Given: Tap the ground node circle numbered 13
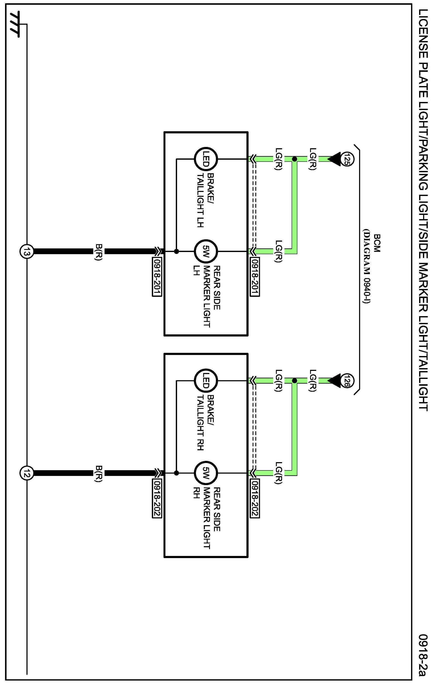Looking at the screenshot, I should (x=27, y=251).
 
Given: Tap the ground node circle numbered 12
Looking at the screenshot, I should (x=27, y=473).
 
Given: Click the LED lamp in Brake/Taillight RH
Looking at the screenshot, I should (x=206, y=381).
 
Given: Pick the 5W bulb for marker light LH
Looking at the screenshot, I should (x=206, y=251).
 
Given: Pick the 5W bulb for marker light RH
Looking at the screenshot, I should (x=206, y=473).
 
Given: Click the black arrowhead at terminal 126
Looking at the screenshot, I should (x=334, y=381).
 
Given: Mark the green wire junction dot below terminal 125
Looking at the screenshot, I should (x=294, y=159).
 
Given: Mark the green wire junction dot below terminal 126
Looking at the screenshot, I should (x=294, y=381).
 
